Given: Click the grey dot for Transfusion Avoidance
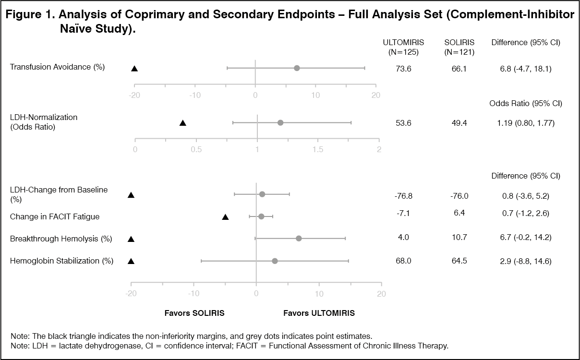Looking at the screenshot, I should tap(297, 68).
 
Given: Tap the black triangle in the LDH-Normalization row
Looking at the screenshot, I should tap(182, 123).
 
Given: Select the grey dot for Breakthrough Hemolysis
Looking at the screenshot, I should tap(299, 239).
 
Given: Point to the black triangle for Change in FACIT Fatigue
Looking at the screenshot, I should tap(225, 217).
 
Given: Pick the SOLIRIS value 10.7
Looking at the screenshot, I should tap(456, 238).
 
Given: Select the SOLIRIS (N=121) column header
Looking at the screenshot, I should tap(456, 47).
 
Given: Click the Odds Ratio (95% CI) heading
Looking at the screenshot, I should tap(526, 104).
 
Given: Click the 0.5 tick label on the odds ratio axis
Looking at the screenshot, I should tap(196, 149).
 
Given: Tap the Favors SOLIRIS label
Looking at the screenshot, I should tap(194, 313).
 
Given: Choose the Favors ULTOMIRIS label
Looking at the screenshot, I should tap(319, 313).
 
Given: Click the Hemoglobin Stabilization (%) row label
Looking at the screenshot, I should tap(61, 261).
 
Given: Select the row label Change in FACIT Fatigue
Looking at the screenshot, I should tap(55, 217).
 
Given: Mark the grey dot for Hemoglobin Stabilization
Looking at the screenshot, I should tap(275, 261).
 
